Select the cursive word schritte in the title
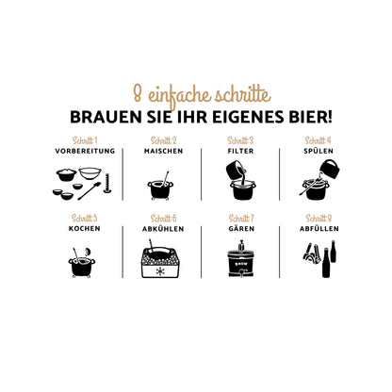coord(242,95)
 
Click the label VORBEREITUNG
coord(85,151)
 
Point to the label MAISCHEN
coord(163,151)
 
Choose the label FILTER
coord(240,151)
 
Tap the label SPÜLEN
coord(318,151)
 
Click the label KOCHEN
coord(85,229)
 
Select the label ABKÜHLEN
coord(163,228)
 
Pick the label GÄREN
coord(241,228)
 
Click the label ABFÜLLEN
coord(319,228)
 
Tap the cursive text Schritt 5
coord(85,218)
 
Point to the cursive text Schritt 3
coord(240,140)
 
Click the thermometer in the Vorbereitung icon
coord(107,184)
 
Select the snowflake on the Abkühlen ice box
coord(160,271)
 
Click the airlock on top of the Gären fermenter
coord(241,246)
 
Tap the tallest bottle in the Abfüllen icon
coord(326,263)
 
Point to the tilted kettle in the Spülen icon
coord(330,169)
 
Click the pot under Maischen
coord(160,189)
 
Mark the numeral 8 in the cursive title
coord(138,93)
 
